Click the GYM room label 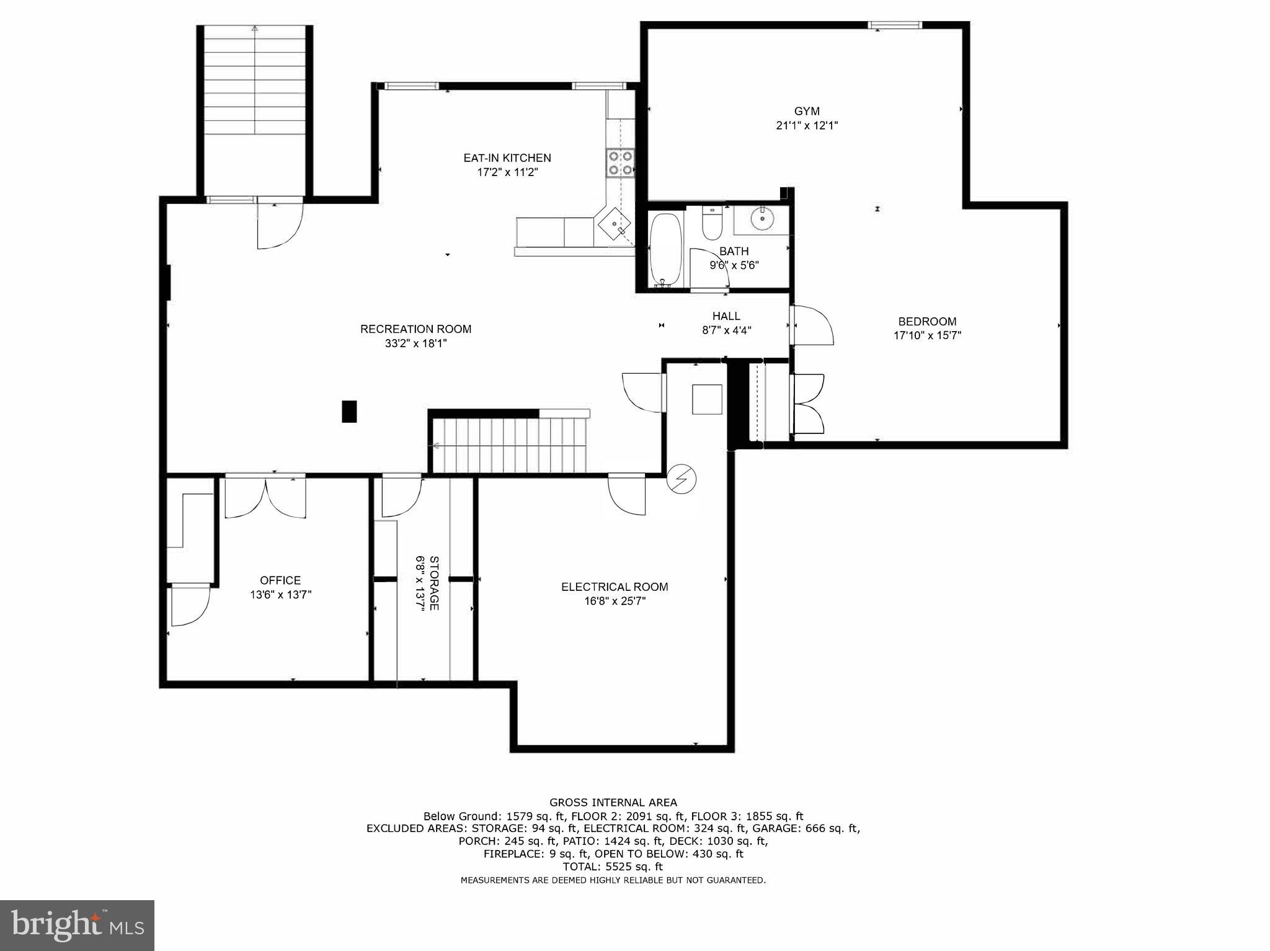tap(807, 112)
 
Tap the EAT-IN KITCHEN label tap(507, 158)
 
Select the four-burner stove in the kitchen tap(621, 163)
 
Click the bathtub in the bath tap(665, 251)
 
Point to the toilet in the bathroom tap(711, 223)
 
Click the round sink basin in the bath tap(760, 218)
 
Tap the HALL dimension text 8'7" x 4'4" tap(726, 331)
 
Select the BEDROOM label tap(927, 322)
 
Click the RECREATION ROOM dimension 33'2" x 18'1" tap(415, 343)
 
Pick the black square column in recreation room tap(349, 412)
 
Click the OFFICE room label tap(280, 580)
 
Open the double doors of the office tap(265, 497)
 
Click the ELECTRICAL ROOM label tap(615, 587)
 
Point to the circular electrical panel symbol tap(682, 479)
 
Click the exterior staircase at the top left tap(255, 81)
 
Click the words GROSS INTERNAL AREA tap(613, 803)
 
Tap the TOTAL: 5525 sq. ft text tap(613, 867)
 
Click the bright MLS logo tap(77, 926)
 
